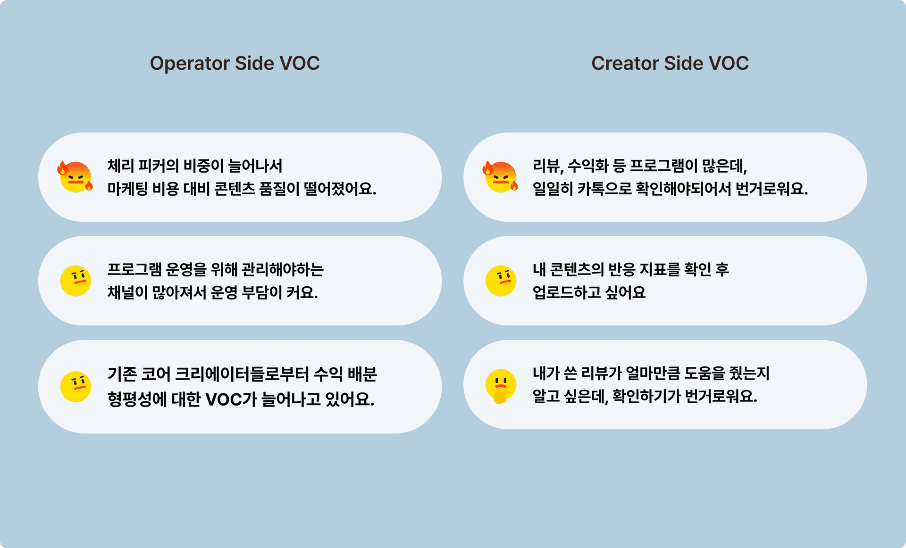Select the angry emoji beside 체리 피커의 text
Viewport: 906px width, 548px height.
(75, 176)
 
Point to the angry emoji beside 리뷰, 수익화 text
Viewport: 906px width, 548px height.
(500, 176)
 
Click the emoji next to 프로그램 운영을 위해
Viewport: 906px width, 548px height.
(75, 281)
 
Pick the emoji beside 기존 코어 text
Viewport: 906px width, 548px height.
(75, 387)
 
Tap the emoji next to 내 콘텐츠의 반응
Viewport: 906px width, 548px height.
(501, 281)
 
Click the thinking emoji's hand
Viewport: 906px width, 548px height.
(500, 395)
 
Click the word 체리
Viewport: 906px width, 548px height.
(118, 166)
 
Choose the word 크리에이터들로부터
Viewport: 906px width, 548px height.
(242, 374)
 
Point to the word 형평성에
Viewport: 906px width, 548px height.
(137, 399)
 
